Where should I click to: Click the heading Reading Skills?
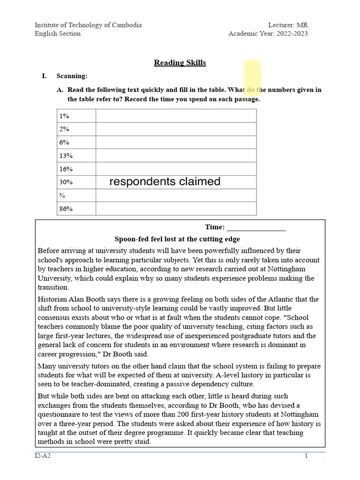pos(180,63)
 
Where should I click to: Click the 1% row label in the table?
pos(64,116)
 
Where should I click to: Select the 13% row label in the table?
pos(66,156)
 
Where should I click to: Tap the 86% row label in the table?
pos(66,209)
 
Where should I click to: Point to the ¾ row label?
pos(62,195)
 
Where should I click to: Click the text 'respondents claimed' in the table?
pos(165,182)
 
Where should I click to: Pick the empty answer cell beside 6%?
pos(176,142)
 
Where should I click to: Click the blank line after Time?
pos(256,227)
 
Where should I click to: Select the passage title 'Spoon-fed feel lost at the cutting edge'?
pos(177,239)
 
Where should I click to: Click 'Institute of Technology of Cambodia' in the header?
pos(88,25)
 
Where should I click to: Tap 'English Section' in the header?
pos(58,33)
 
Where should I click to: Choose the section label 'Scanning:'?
pos(72,76)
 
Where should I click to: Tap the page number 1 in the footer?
pos(306,456)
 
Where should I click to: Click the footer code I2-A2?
pos(43,456)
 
